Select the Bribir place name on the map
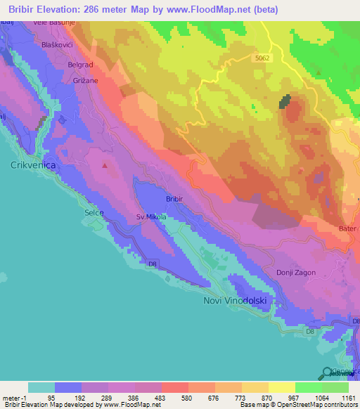pos(174,199)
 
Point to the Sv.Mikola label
pos(151,217)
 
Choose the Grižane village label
pos(84,81)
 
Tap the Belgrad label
pos(79,65)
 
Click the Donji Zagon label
pos(296,273)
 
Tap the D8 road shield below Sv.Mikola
pos(152,264)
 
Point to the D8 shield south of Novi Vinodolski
pos(309,330)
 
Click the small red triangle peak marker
pos(105,167)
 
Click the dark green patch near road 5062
pos(285,102)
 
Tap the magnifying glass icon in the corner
pos(327,373)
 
